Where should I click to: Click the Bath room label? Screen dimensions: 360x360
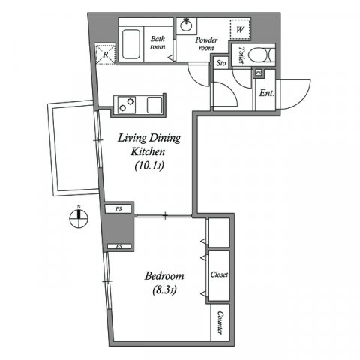(157, 42)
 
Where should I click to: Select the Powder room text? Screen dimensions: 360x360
(207, 43)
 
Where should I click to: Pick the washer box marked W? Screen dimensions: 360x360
(240, 29)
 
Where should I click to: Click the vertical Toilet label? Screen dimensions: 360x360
(241, 55)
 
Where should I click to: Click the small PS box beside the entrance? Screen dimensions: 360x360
(258, 72)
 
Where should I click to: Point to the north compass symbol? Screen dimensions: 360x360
(79, 220)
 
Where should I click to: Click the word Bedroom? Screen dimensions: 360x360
(165, 275)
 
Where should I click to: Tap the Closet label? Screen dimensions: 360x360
(220, 275)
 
